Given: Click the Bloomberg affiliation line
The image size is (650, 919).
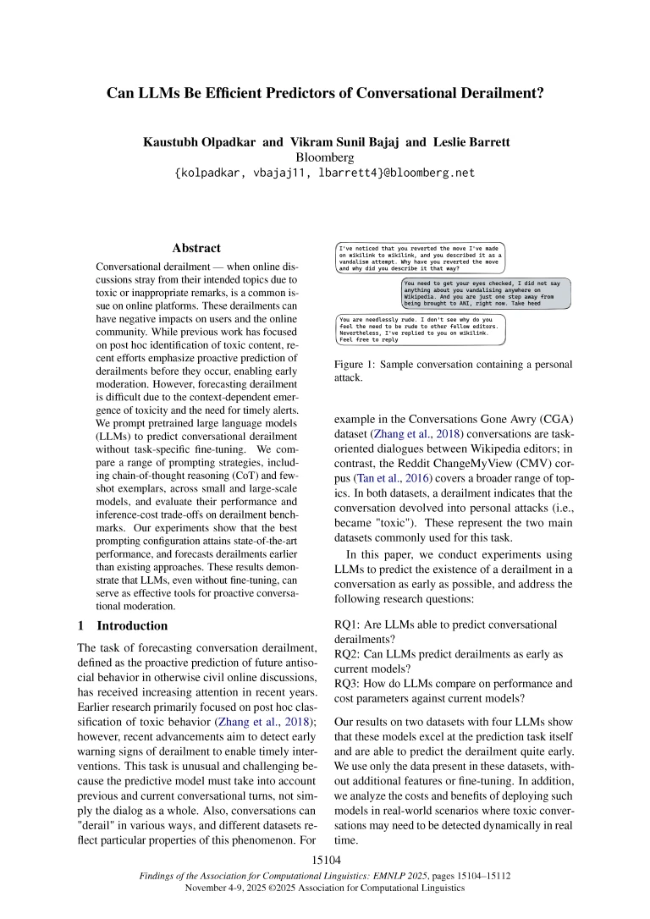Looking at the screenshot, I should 325,157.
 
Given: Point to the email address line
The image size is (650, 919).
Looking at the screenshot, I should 325,173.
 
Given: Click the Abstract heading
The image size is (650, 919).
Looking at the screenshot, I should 196,248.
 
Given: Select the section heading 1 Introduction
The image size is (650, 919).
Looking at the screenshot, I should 122,626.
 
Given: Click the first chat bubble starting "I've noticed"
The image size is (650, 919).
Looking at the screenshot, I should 421,256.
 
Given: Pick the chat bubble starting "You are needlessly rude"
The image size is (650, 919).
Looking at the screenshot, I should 421,329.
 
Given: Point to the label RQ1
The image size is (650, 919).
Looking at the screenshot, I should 350,625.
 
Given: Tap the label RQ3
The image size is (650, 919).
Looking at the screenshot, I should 350,685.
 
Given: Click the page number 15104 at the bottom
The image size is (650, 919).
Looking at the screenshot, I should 326,860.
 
